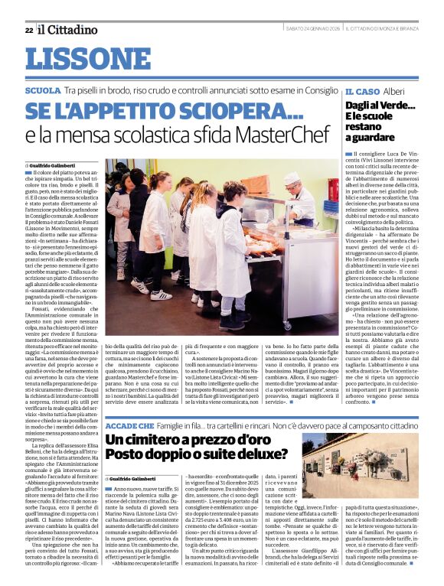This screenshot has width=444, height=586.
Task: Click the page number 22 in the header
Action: pyautogui.click(x=28, y=30)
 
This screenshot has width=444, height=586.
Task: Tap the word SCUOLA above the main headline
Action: pyautogui.click(x=42, y=90)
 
